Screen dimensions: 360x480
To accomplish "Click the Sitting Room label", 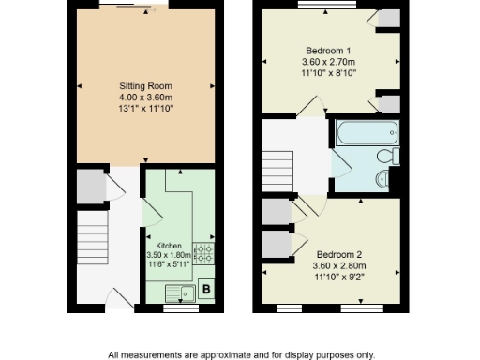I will click(146, 85).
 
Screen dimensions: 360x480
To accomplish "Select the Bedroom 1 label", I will click(329, 50).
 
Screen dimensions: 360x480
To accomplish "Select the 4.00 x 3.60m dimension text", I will click(146, 97).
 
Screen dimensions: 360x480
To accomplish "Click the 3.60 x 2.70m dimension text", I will click(329, 61).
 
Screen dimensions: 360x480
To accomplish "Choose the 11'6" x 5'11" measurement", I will click(169, 265).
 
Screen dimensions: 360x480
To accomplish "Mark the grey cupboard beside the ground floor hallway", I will click(90, 187).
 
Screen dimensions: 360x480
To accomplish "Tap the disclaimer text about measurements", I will click(241, 354).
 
